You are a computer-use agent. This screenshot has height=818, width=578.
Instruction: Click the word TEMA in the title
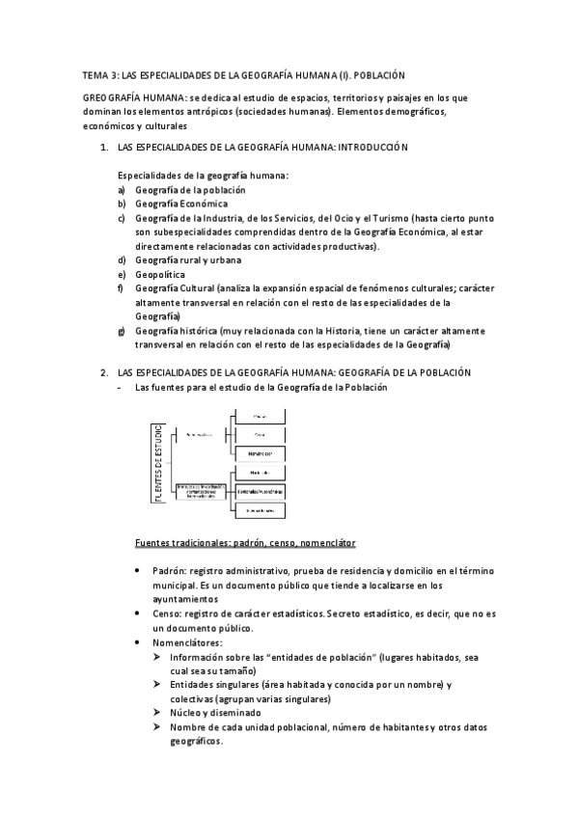point(94,74)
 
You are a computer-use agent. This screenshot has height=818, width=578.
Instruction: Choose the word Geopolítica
point(160,274)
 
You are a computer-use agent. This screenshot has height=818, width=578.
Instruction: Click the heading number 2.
point(103,372)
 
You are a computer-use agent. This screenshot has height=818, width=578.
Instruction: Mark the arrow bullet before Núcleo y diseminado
point(158,712)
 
